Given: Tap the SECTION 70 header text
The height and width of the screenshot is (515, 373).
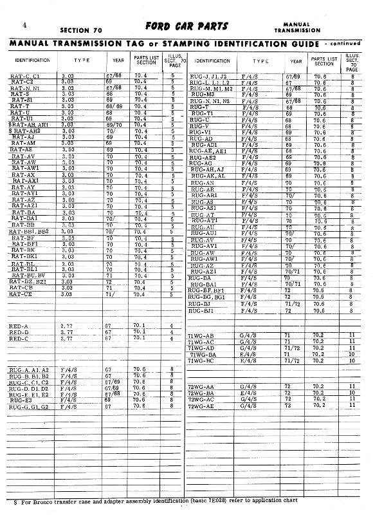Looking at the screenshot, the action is [x=82, y=30].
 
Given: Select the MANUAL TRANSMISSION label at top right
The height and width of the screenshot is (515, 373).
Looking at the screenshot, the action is [x=296, y=27].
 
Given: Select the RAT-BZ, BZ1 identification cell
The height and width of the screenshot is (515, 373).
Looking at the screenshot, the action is [x=30, y=281].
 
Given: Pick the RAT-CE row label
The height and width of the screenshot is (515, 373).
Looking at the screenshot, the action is [x=22, y=294].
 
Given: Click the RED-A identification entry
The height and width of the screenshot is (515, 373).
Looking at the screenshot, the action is [x=19, y=326].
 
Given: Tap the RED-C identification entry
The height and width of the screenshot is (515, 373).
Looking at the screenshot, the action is [x=19, y=339].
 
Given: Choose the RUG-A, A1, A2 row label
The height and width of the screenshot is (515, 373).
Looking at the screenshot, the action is [x=29, y=370].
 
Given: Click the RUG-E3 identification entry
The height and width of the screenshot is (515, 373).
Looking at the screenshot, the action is [x=22, y=400].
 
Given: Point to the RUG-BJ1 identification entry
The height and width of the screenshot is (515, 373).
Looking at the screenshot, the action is [x=201, y=311].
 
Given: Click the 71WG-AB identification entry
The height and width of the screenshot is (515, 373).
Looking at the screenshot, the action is [x=200, y=336].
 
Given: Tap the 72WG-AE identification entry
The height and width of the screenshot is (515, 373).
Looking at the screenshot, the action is [x=201, y=406].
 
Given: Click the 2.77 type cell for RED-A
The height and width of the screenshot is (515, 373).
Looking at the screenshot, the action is [x=66, y=326].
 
